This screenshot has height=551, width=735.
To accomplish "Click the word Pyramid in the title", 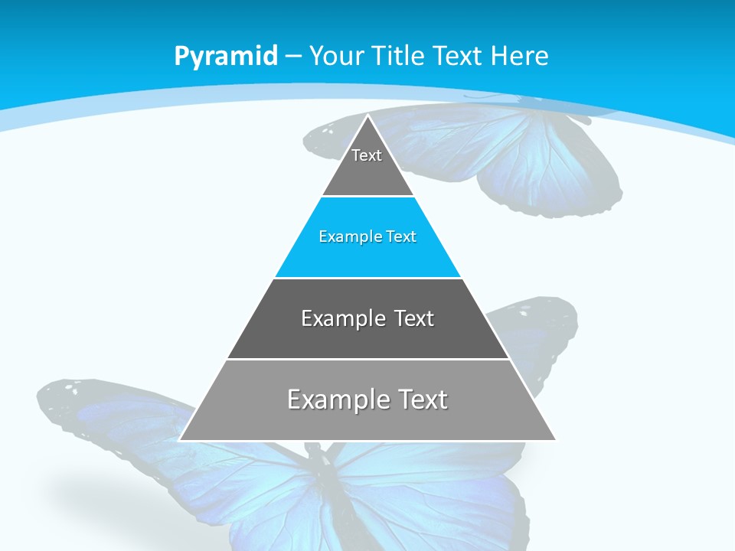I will pyautogui.click(x=226, y=57).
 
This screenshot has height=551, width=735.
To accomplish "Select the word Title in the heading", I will pyautogui.click(x=397, y=56).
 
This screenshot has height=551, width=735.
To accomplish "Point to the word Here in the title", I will pyautogui.click(x=519, y=56).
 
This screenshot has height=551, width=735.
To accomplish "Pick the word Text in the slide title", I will pyautogui.click(x=458, y=56).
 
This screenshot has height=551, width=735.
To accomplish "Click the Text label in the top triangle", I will pyautogui.click(x=367, y=155).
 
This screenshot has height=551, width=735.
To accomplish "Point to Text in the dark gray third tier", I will pyautogui.click(x=413, y=318).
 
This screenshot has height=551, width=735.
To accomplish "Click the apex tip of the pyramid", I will pyautogui.click(x=367, y=116).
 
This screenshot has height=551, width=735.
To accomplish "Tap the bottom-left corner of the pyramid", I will pyautogui.click(x=181, y=439).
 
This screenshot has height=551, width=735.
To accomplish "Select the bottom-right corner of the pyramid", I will pyautogui.click(x=554, y=439).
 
